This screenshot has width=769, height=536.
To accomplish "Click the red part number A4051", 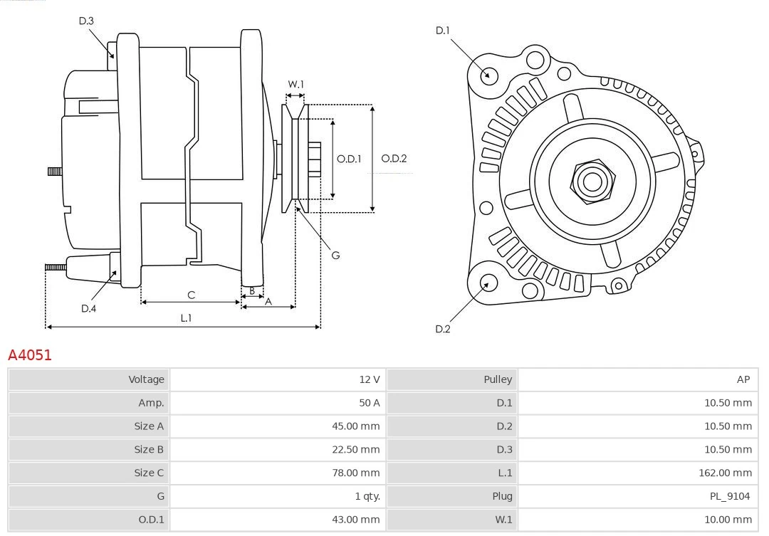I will point(30,354).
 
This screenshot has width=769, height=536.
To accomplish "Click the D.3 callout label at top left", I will point(86,21).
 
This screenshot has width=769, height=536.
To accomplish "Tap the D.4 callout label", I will point(88,308).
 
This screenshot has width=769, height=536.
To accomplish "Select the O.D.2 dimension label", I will point(394,158).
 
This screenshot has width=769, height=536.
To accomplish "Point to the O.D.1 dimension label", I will point(349,158).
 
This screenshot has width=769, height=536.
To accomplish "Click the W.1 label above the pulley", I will point(295,84).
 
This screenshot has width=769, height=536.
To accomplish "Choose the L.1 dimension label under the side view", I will point(185,318).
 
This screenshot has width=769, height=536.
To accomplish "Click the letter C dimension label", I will point(191,295).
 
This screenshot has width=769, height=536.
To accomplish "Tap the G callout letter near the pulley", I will point(335,255).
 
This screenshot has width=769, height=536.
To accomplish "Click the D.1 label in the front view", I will point(443,30).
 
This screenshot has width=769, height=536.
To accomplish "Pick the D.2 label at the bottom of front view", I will point(443,329).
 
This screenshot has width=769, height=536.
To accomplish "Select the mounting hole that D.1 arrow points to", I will point(488,75).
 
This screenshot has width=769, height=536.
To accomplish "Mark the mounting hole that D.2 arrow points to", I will point(488,283).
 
